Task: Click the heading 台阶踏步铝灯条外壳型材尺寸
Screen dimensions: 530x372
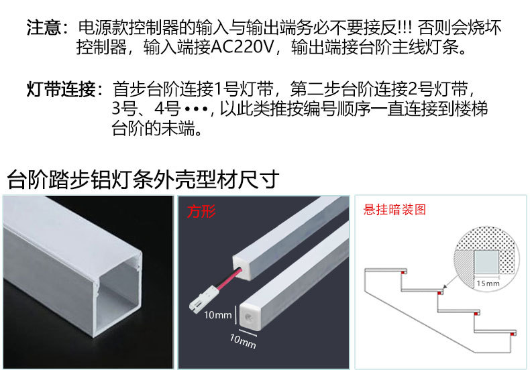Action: (x=142, y=180)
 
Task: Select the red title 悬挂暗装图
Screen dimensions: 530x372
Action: (x=394, y=210)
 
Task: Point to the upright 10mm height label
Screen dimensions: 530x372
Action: (x=218, y=314)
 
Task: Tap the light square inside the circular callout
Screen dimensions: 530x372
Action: (x=488, y=259)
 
